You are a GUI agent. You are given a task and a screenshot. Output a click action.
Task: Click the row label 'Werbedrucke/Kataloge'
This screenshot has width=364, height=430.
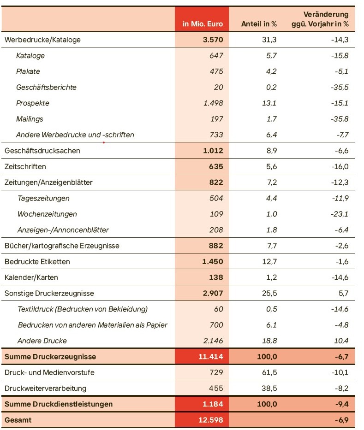[x=42, y=40]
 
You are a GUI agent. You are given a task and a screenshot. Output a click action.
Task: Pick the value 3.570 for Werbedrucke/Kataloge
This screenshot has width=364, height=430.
[x=213, y=40]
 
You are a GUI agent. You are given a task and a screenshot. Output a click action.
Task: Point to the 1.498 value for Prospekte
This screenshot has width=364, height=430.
[x=213, y=103]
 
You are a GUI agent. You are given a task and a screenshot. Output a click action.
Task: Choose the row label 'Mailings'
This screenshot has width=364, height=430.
[x=30, y=119]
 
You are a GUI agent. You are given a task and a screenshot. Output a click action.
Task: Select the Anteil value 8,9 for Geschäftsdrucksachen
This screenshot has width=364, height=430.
[x=271, y=151]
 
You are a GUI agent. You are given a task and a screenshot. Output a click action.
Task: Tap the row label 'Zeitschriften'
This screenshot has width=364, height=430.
[x=25, y=166]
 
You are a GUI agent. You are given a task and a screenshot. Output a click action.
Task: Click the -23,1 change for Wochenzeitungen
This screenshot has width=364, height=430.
[x=339, y=214]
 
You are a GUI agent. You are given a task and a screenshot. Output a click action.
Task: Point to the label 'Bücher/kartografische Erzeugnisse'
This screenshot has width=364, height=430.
[x=62, y=246]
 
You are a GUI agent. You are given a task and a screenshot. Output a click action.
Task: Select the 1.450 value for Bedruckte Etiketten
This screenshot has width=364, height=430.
[x=213, y=261]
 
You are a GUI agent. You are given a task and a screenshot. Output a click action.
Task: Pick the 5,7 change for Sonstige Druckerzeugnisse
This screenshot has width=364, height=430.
[x=343, y=293]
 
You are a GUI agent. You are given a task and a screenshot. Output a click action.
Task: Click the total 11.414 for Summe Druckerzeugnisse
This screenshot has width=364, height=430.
[x=211, y=357]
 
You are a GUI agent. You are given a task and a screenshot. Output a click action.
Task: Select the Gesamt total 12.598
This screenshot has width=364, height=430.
[x=211, y=420]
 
